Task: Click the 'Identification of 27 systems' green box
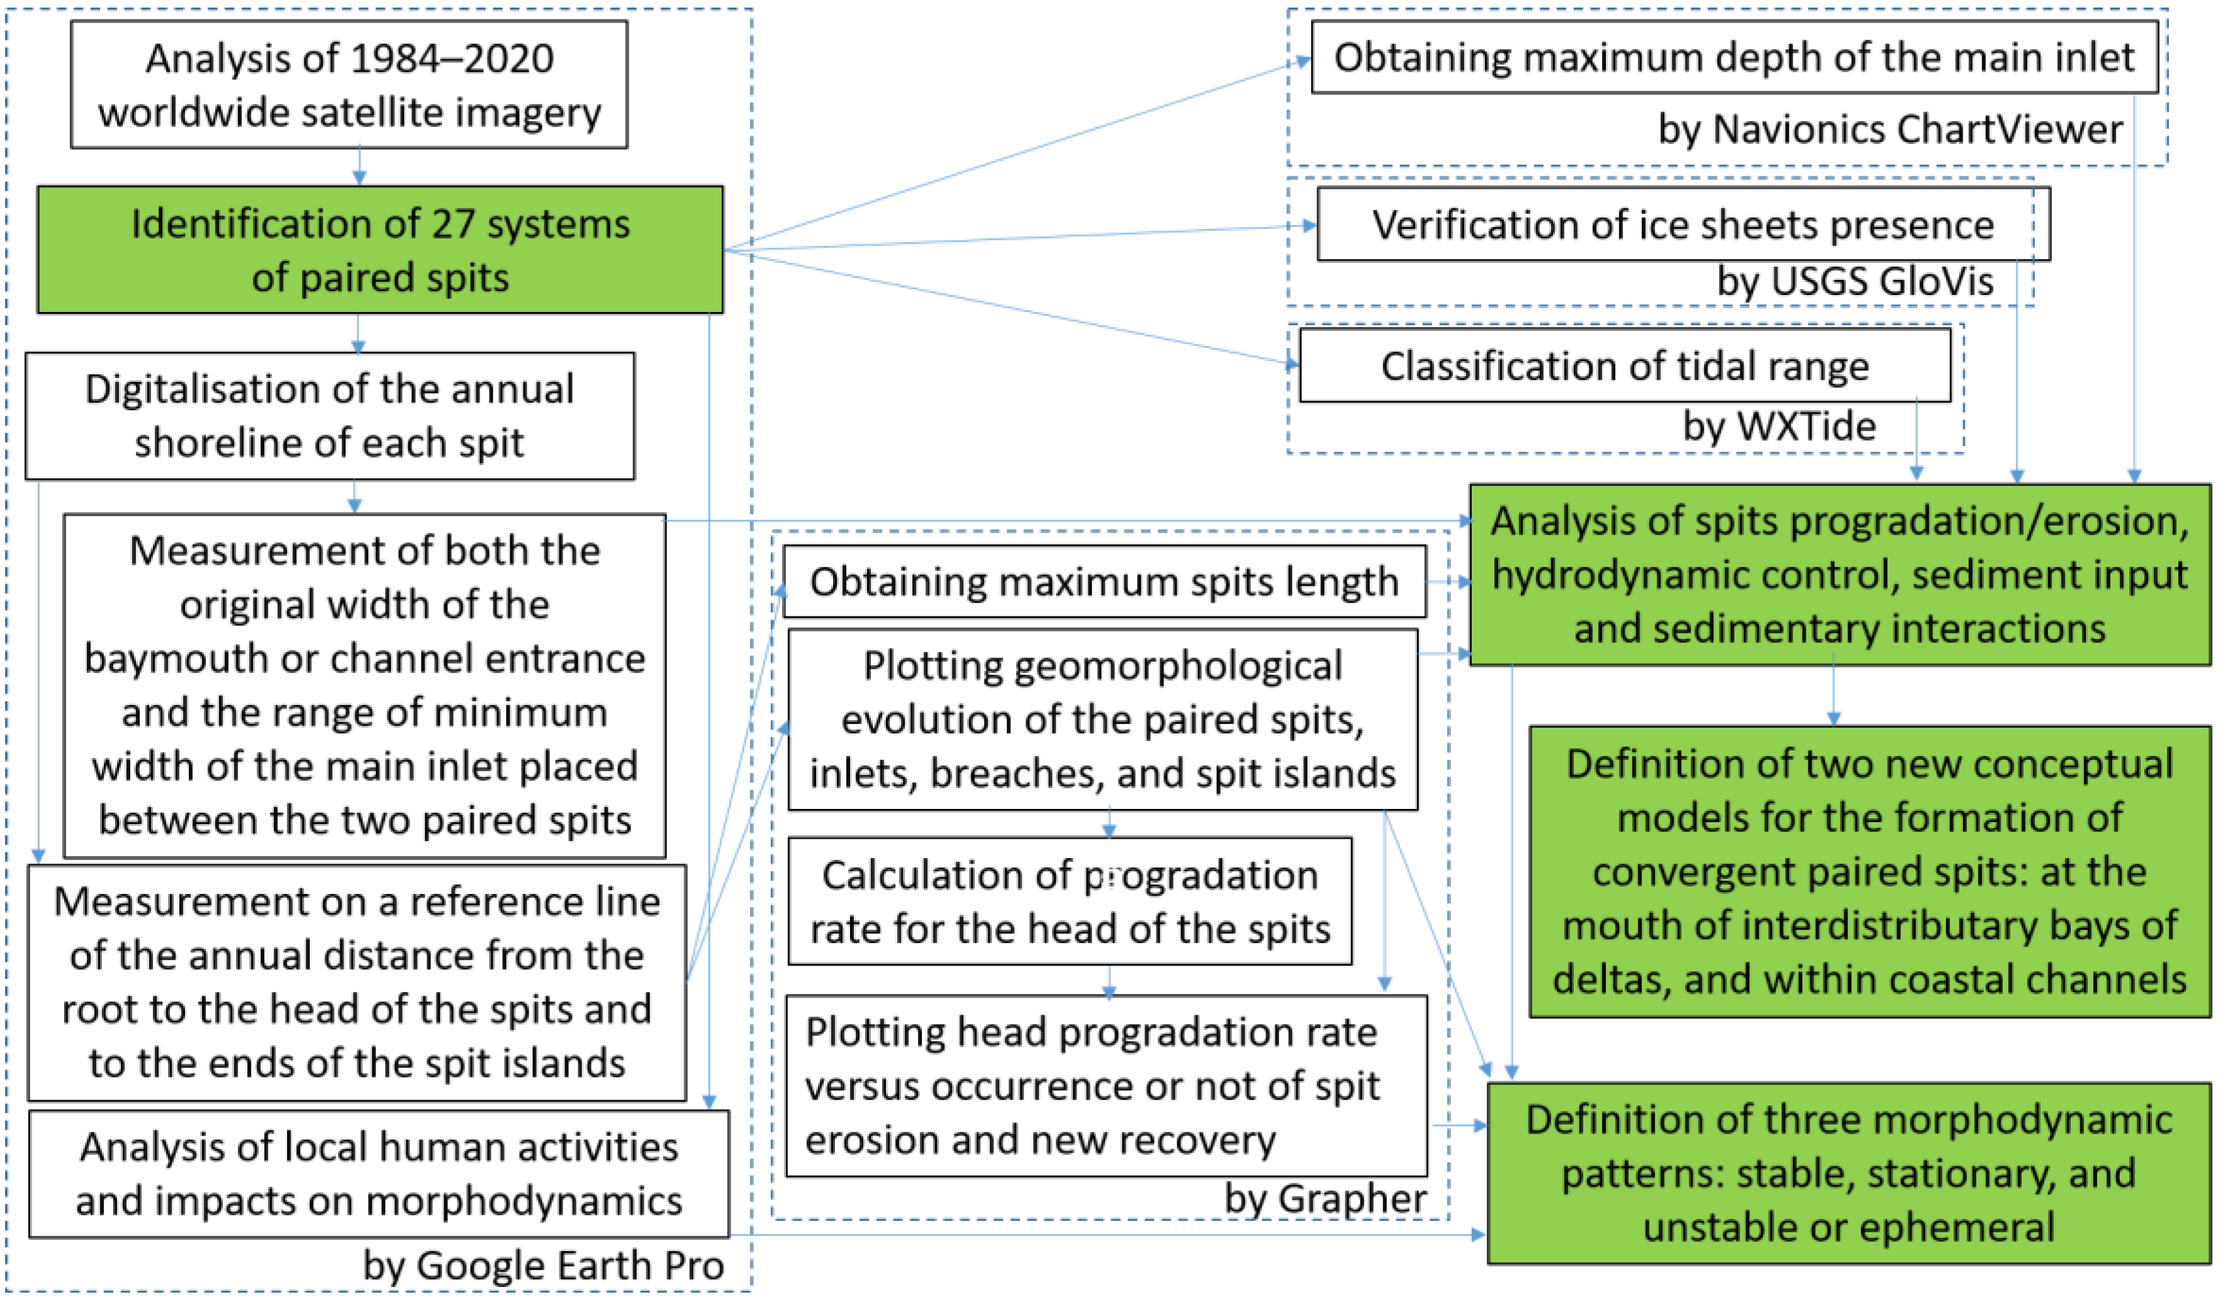379,250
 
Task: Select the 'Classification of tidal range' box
1624,366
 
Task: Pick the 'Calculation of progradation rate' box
1070,902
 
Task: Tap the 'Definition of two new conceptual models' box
1869,872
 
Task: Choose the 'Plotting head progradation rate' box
1106,1086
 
